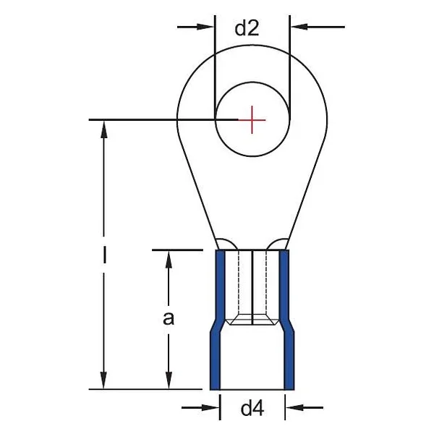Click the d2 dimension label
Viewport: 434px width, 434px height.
[x=247, y=28]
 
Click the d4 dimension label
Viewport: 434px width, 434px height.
[x=252, y=408]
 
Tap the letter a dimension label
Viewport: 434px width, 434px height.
[x=169, y=318]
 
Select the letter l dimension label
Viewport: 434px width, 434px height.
[x=104, y=255]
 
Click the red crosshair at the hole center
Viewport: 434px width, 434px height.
[x=252, y=120]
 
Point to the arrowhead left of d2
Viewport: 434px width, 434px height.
[x=205, y=27]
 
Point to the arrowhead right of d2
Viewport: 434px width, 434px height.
[x=299, y=27]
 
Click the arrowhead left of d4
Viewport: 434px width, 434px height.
[x=210, y=407]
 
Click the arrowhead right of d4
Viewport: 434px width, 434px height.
[x=295, y=407]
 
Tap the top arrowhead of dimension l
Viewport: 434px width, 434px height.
[x=103, y=129]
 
